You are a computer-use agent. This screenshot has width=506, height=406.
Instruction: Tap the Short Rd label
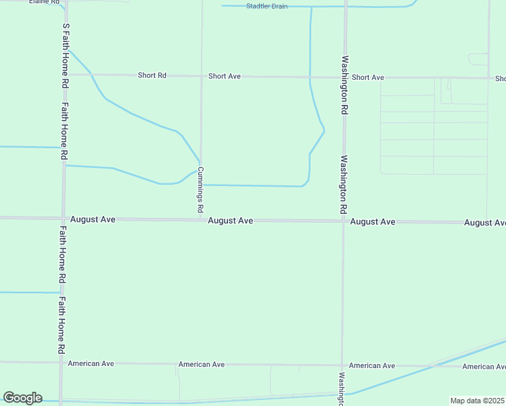click(x=152, y=75)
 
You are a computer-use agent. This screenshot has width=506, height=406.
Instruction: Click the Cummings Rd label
click(x=200, y=191)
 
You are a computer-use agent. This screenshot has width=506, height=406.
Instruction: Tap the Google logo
click(x=22, y=398)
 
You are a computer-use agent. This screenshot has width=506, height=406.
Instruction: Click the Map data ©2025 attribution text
click(x=477, y=401)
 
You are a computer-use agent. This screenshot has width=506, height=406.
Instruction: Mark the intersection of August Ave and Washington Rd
click(x=344, y=221)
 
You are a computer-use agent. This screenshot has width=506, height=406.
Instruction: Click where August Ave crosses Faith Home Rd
click(x=63, y=218)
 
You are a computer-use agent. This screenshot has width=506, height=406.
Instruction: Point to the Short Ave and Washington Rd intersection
click(x=344, y=77)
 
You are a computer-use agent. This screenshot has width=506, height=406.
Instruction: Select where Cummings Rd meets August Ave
click(x=201, y=219)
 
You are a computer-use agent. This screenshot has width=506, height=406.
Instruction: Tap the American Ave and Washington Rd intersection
click(x=342, y=365)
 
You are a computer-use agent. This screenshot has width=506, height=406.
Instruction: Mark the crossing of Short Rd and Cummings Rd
click(x=202, y=76)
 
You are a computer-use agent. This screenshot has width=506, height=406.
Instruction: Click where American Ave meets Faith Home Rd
click(x=61, y=363)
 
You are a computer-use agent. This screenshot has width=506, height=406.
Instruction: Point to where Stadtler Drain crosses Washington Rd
click(x=345, y=7)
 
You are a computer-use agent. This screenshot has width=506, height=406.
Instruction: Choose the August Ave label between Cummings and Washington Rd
click(x=230, y=221)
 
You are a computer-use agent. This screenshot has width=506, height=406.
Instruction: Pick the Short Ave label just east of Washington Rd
click(x=368, y=77)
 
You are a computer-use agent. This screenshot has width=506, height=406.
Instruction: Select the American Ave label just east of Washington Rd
click(x=371, y=365)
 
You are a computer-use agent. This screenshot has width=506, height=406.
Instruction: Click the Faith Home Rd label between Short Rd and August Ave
click(x=64, y=131)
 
